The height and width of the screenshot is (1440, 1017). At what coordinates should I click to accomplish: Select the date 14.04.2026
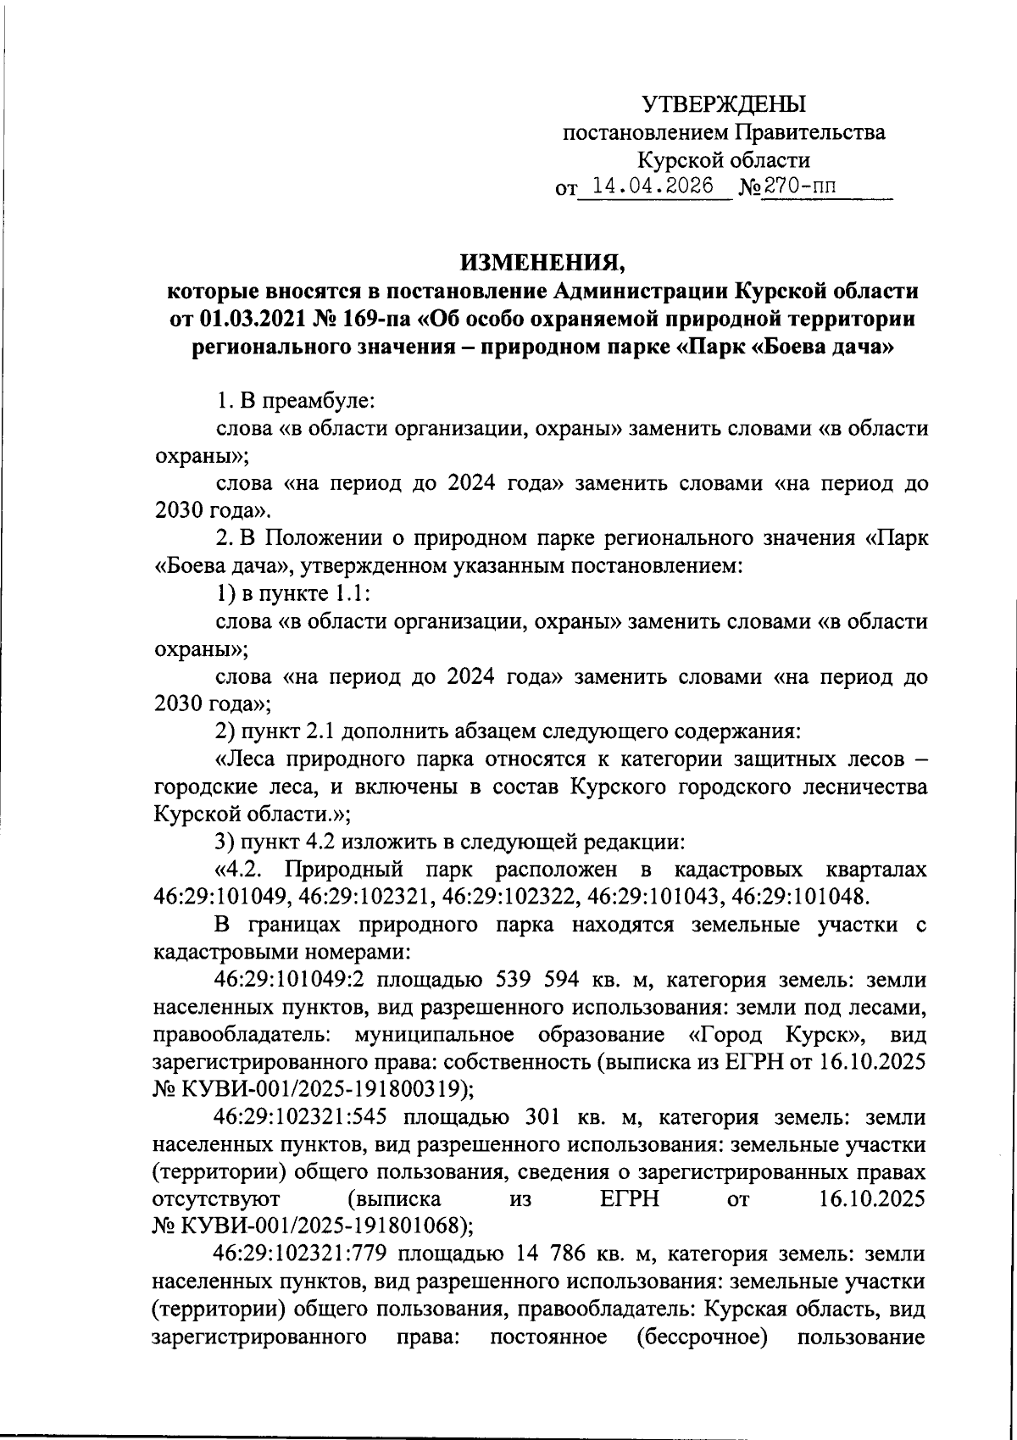(x=652, y=186)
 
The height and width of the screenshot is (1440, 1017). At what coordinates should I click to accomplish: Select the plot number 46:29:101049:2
(x=289, y=981)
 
